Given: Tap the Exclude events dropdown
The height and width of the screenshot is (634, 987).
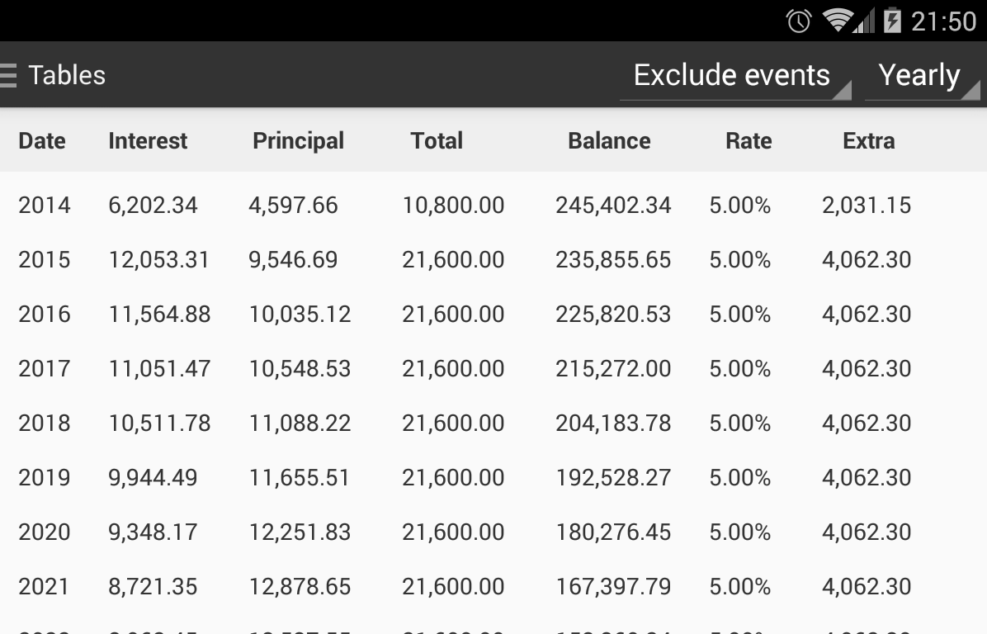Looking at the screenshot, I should (x=733, y=76).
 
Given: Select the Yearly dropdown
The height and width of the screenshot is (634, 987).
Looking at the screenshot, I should (x=920, y=76).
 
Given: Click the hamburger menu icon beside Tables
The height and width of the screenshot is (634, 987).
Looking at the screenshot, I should (x=8, y=75).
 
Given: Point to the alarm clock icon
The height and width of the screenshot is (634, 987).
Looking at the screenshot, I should (x=798, y=21).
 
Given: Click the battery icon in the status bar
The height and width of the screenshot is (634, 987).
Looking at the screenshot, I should (x=892, y=21).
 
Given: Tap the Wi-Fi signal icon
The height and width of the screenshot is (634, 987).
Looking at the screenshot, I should (x=838, y=21).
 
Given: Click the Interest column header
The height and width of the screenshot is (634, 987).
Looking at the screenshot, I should (x=148, y=141).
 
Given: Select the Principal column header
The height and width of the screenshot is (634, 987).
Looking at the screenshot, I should (x=298, y=141).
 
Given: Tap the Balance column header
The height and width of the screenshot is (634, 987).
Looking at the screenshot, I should (x=609, y=141).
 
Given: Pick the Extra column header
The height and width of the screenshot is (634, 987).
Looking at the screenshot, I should (x=868, y=141).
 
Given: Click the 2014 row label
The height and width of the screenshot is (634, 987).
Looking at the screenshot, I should (x=45, y=206).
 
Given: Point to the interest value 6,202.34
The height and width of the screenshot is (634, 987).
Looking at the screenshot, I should (x=153, y=206).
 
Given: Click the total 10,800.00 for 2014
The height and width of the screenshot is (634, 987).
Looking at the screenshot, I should (x=453, y=206).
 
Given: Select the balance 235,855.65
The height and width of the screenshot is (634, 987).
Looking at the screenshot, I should (x=613, y=260).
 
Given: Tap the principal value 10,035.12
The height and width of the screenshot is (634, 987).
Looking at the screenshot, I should (x=300, y=315).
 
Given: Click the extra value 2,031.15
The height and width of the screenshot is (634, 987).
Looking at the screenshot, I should (x=867, y=206).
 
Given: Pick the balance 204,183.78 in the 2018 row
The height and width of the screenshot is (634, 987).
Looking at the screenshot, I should (x=613, y=423).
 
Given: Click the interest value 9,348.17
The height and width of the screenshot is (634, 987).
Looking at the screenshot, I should (x=153, y=532).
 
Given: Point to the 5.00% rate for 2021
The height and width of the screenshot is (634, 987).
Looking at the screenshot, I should (x=739, y=587).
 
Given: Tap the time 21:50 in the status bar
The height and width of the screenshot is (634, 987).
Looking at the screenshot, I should (x=943, y=21).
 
